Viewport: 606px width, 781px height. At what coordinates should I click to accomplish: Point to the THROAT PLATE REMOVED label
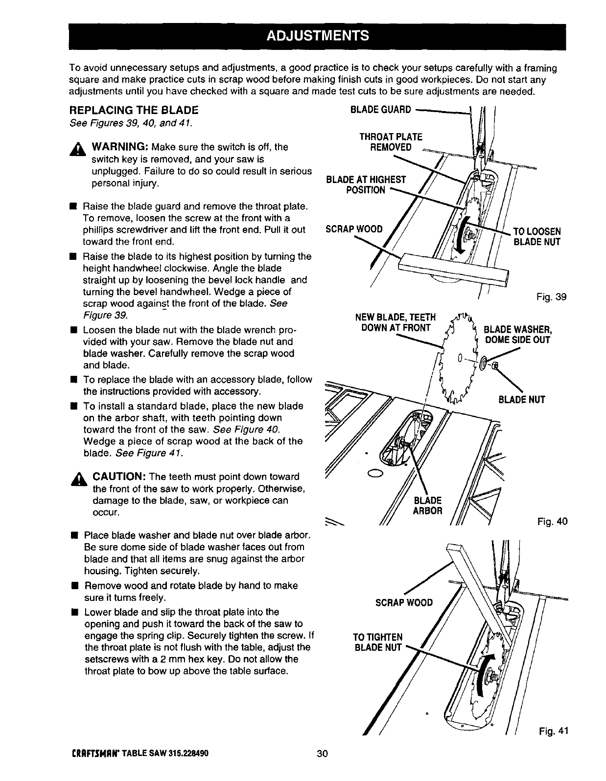[x=391, y=142]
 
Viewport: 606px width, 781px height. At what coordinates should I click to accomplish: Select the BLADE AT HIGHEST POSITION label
[x=366, y=185]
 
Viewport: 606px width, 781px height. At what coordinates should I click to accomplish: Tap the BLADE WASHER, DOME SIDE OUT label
[x=517, y=334]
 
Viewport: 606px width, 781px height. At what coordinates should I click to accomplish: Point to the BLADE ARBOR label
[x=428, y=505]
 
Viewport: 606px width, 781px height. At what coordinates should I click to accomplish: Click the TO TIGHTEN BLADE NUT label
[x=378, y=643]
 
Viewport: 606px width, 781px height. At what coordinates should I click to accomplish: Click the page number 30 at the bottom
[x=321, y=767]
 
